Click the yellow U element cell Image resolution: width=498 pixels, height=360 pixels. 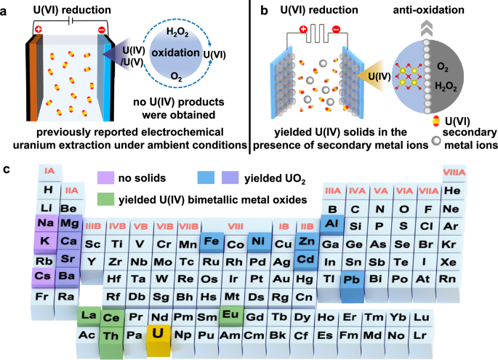[x=158, y=335]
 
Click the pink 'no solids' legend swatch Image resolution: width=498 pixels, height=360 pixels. [x=105, y=177]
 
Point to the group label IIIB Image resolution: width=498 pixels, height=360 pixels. [x=92, y=227]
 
